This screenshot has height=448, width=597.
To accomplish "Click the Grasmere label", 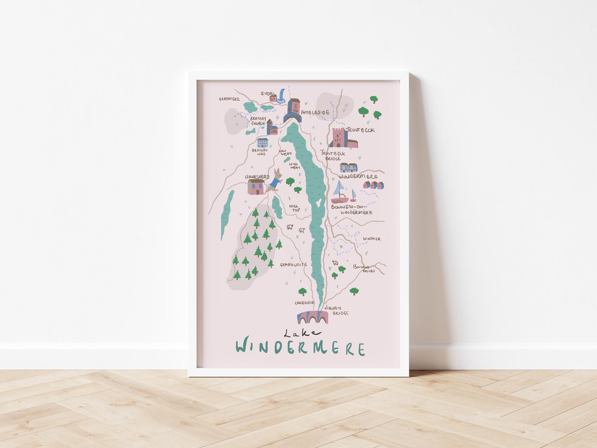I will click(x=229, y=99).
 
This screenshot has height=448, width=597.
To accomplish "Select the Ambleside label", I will click(x=315, y=112).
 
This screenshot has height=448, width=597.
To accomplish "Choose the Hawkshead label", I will click(x=257, y=177).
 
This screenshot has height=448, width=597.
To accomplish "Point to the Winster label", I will click(x=372, y=239).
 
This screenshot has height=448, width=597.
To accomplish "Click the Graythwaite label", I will click(x=293, y=264).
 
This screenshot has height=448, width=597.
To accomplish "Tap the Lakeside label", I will click(x=304, y=303).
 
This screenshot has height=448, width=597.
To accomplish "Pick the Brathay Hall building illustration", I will click(x=262, y=143).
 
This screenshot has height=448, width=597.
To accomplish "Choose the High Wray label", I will click(x=294, y=166).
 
